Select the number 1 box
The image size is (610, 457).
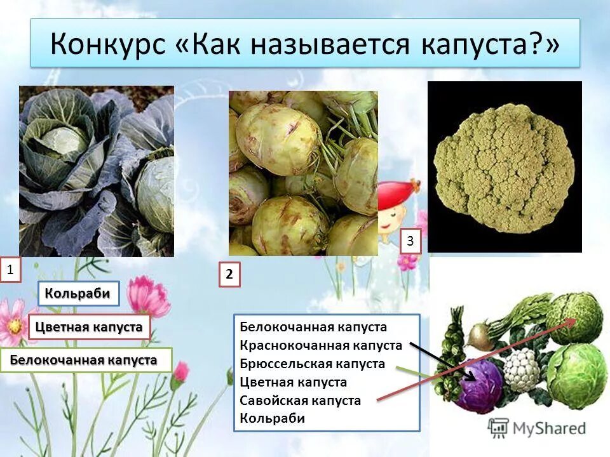tap(10, 270)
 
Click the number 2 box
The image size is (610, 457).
tap(229, 275)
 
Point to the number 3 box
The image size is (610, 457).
tap(410, 241)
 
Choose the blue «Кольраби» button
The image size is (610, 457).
tap(79, 293)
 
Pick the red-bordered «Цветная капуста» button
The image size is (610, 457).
tap(89, 328)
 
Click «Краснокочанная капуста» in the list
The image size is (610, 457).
tap(321, 346)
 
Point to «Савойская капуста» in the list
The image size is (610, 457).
tap(301, 401)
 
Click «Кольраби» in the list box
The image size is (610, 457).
tap(273, 418)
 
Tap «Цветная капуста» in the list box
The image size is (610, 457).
tap(294, 382)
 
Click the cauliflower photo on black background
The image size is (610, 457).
tap(505, 167)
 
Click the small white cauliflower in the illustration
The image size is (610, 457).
tap(522, 368)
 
